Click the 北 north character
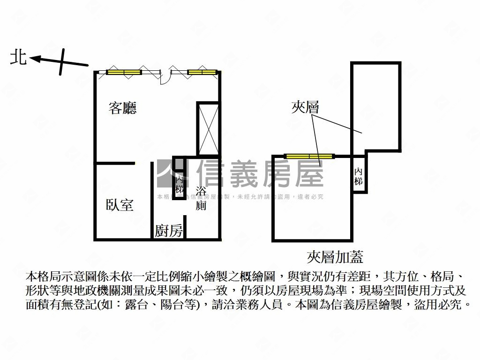(19, 58)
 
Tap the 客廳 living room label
(122, 109)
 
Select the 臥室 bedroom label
(120, 205)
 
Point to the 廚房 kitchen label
(169, 231)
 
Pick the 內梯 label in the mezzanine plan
(359, 176)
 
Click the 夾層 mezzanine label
(305, 108)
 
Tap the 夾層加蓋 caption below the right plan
(335, 256)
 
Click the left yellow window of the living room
(124, 72)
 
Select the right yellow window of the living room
(202, 72)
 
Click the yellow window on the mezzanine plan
(309, 156)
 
